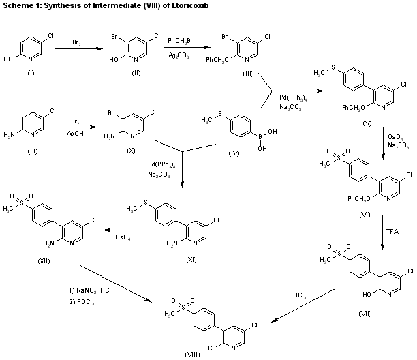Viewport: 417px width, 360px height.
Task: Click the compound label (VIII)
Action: pos(193,355)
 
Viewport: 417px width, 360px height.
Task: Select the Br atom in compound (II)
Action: pos(115,35)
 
